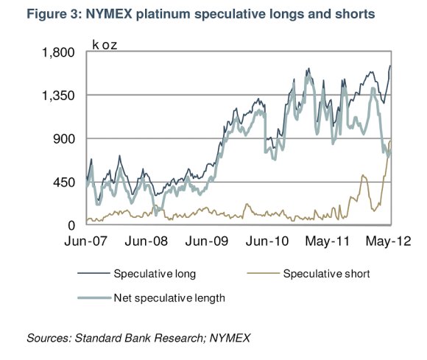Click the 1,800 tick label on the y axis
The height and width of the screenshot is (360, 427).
pos(58,52)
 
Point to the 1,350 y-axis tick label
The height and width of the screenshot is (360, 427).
pos(58,96)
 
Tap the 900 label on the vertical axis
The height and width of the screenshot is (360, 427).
pos(64,139)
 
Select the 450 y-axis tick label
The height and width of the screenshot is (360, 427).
pos(64,182)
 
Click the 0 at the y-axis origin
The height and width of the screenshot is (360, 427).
pos(71,225)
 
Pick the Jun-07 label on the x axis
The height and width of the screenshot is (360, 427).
pos(86,241)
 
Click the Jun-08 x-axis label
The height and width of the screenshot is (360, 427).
pos(147,241)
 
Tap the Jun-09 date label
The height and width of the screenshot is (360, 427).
pos(207,241)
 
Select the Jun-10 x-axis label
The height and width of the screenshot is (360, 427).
pos(267,241)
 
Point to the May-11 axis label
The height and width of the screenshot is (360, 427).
pos(328,241)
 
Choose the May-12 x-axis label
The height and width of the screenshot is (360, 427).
pos(388,241)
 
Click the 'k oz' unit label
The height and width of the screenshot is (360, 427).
pos(105,45)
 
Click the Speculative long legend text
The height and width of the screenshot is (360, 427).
pos(155,274)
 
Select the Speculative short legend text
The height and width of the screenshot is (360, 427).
pos(327,274)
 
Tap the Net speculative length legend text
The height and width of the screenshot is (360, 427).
pos(169,298)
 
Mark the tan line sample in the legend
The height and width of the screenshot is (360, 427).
pos(263,273)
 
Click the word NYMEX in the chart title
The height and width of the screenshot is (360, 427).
pos(109,14)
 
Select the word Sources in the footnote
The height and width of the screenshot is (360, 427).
pos(49,338)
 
